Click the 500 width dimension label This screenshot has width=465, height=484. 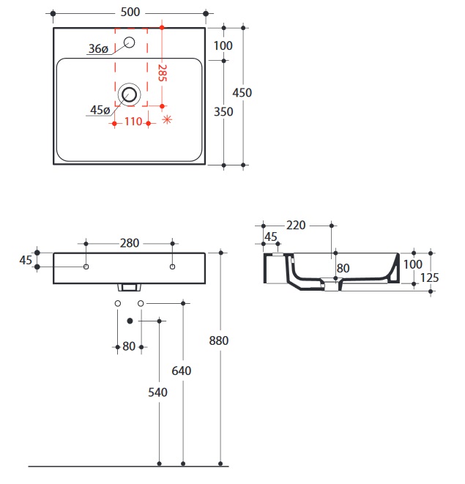[x=130, y=12]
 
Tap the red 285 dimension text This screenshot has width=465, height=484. [x=162, y=72]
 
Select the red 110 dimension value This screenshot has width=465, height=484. [x=133, y=122]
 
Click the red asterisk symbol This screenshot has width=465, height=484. [x=167, y=119]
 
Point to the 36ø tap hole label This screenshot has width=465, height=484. [x=99, y=48]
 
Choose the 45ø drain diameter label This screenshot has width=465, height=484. [x=100, y=110]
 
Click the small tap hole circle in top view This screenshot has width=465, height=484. [x=129, y=42]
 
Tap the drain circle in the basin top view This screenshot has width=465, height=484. [x=130, y=94]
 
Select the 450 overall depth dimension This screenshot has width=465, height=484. [x=242, y=92]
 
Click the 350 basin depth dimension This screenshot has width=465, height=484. [x=223, y=111]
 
